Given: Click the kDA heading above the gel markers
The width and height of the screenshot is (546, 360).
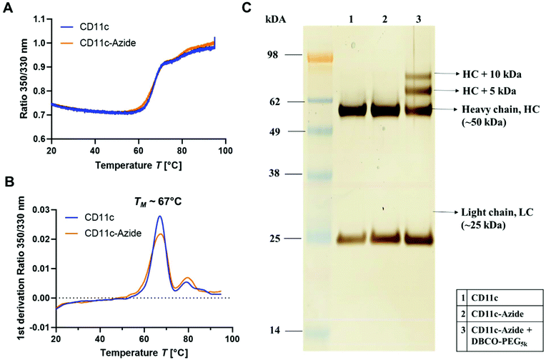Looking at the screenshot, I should [276, 20].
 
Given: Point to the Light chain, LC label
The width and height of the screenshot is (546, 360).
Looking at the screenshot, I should [492, 213].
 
